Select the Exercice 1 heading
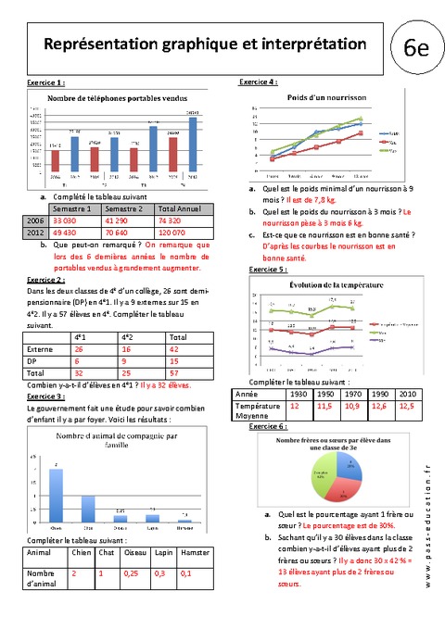46,82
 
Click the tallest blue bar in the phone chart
193,145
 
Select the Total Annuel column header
181,210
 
